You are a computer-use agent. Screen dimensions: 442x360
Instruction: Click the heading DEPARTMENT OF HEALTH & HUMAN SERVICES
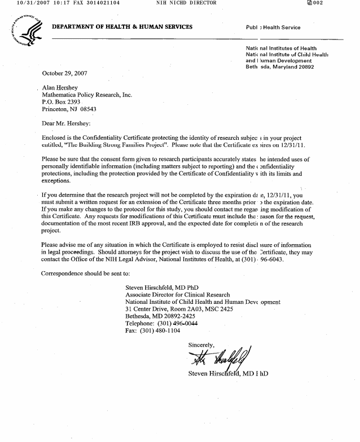coord(122,27)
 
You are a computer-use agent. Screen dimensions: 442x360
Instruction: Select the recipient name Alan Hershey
coord(61,88)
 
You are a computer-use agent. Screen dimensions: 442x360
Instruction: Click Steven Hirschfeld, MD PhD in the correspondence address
coord(161,287)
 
